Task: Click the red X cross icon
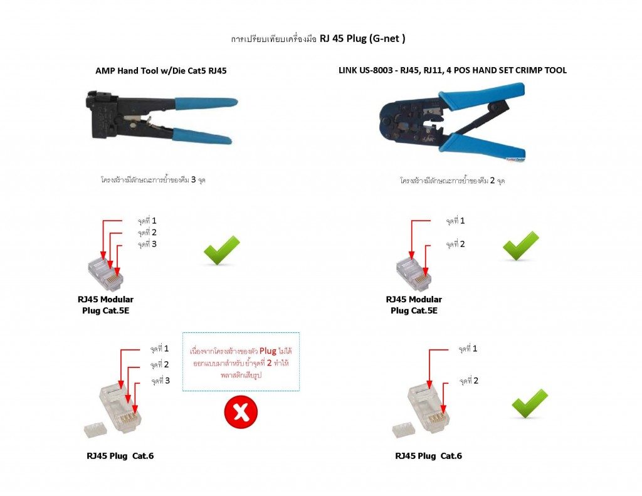(241, 412)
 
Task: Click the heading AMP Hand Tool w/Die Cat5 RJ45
(161, 71)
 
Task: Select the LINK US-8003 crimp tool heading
(453, 70)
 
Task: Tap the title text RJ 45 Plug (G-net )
(362, 38)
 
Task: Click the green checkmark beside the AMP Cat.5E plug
(221, 250)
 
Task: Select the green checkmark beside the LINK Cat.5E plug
(520, 245)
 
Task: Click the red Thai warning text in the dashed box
(241, 363)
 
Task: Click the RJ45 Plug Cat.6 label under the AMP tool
(120, 456)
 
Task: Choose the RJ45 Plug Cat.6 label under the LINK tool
(428, 456)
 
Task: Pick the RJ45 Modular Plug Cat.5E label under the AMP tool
(105, 305)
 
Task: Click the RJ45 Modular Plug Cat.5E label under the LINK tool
(414, 305)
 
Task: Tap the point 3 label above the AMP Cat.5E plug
(147, 244)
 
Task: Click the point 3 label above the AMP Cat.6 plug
(160, 381)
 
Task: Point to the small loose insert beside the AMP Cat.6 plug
(95, 430)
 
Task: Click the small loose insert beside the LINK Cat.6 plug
(404, 430)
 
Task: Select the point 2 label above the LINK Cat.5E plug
(455, 244)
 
